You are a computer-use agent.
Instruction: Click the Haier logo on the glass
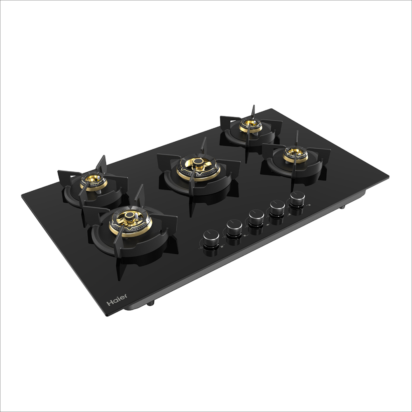[117, 300]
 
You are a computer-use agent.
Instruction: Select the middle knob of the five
[256, 216]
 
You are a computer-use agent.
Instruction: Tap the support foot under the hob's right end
[342, 207]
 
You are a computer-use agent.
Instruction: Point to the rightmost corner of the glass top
[389, 177]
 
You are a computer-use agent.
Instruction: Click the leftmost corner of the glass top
[22, 196]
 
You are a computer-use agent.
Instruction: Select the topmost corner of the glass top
[271, 109]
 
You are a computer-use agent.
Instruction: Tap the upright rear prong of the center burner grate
[204, 145]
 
